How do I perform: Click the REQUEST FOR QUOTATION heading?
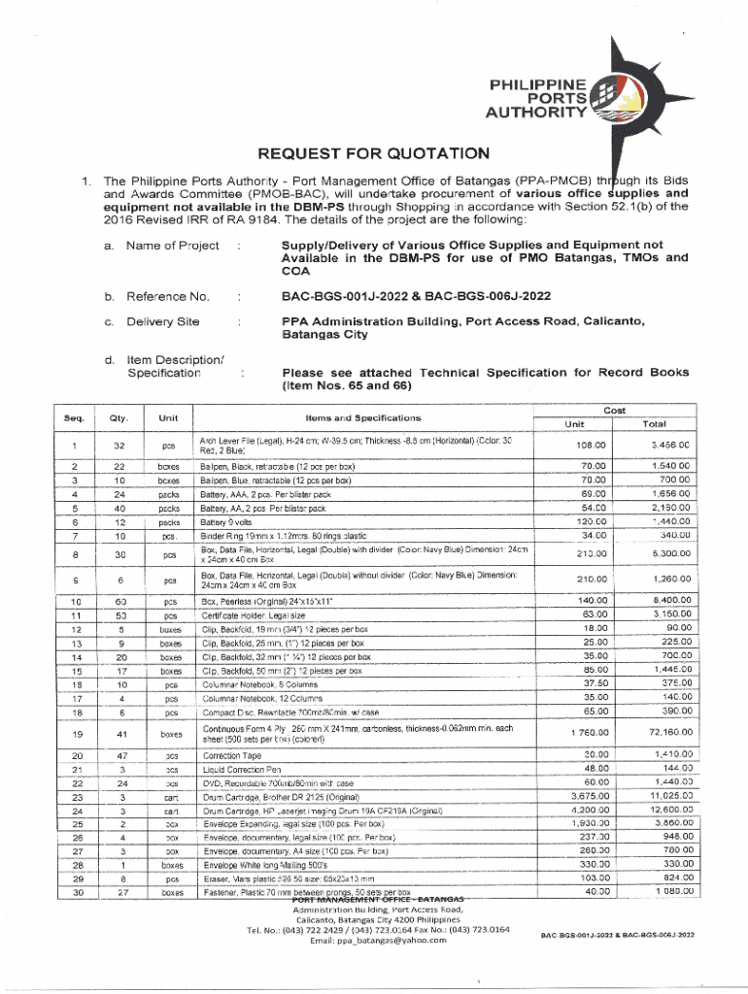point(373,153)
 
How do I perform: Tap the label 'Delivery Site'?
point(163,321)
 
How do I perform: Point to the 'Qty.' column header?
point(119,418)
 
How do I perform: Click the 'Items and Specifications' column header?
point(363,418)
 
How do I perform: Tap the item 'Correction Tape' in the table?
point(230,754)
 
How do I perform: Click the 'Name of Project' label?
point(173,247)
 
